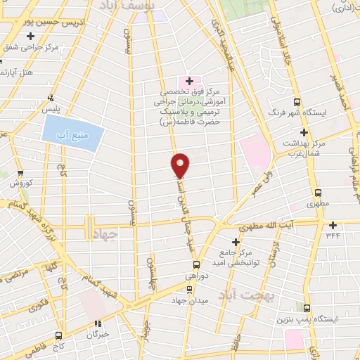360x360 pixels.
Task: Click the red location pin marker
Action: (x=181, y=165)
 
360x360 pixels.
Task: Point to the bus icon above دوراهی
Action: (x=197, y=265)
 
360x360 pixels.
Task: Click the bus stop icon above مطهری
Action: (x=318, y=192)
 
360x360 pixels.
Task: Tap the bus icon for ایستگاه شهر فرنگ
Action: (x=297, y=101)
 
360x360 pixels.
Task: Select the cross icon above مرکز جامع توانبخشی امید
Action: (x=236, y=242)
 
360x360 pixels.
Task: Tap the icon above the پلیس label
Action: (x=50, y=98)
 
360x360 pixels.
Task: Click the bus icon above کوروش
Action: (x=20, y=172)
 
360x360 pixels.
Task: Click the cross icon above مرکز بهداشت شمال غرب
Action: (x=304, y=132)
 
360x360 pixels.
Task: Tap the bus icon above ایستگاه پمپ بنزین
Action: (x=306, y=307)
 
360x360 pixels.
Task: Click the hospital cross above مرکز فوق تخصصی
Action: (x=190, y=81)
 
